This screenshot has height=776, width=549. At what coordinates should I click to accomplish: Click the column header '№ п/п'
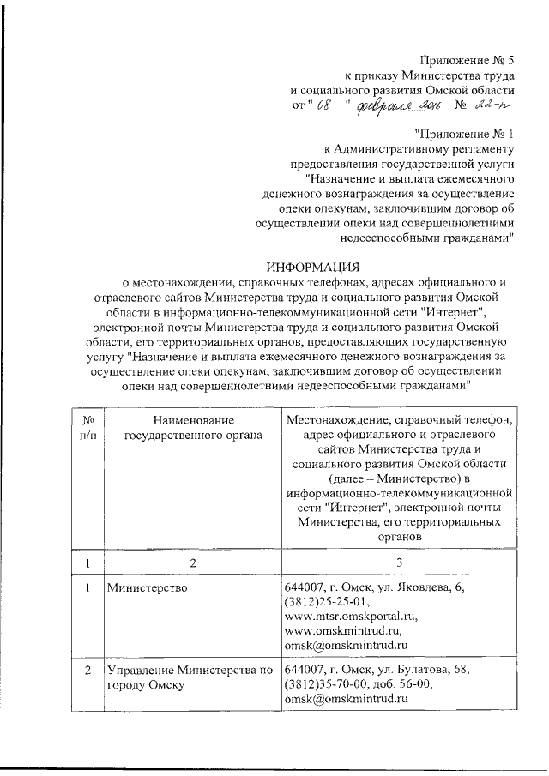pyautogui.click(x=87, y=428)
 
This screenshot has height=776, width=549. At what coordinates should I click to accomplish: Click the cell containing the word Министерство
pyautogui.click(x=142, y=590)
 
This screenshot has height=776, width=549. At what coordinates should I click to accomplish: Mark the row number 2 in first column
pyautogui.click(x=87, y=669)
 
